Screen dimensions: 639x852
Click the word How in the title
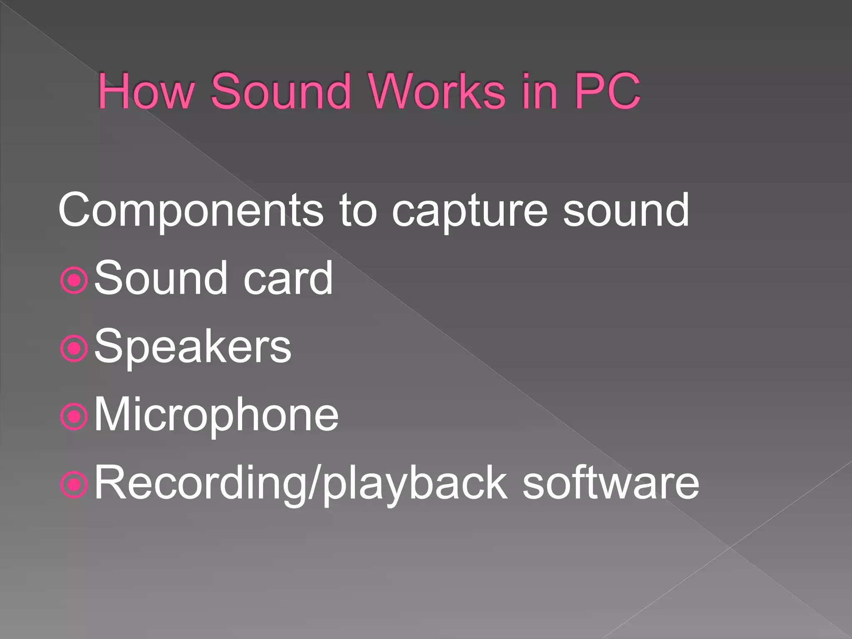(146, 91)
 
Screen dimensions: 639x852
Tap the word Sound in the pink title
(281, 91)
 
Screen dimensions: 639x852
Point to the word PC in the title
(607, 91)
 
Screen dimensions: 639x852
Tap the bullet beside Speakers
(74, 348)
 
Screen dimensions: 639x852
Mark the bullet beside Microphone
(74, 416)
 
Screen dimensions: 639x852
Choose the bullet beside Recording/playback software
(74, 484)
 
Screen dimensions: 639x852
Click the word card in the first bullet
(288, 278)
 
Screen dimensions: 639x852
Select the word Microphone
(216, 415)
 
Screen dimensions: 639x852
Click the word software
(611, 483)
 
